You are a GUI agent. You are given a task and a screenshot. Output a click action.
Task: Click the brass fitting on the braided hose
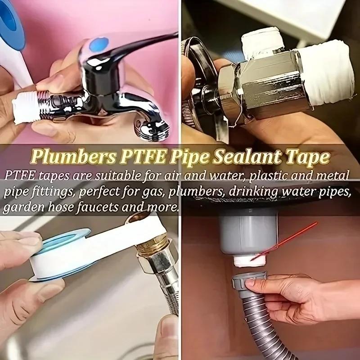point(153,250)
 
